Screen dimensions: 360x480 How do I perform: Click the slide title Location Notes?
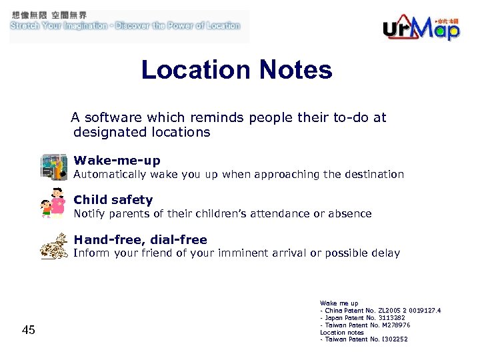click(x=237, y=70)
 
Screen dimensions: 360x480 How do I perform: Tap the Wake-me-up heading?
click(x=117, y=161)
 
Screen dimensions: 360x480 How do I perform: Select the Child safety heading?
click(x=113, y=200)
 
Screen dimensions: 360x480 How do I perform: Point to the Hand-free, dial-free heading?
click(x=140, y=240)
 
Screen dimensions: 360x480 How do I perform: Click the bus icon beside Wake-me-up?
click(x=55, y=167)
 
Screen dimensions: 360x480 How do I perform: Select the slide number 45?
click(x=29, y=329)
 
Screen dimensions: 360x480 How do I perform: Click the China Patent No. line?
click(x=380, y=311)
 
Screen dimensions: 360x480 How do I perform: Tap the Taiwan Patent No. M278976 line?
click(x=365, y=325)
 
